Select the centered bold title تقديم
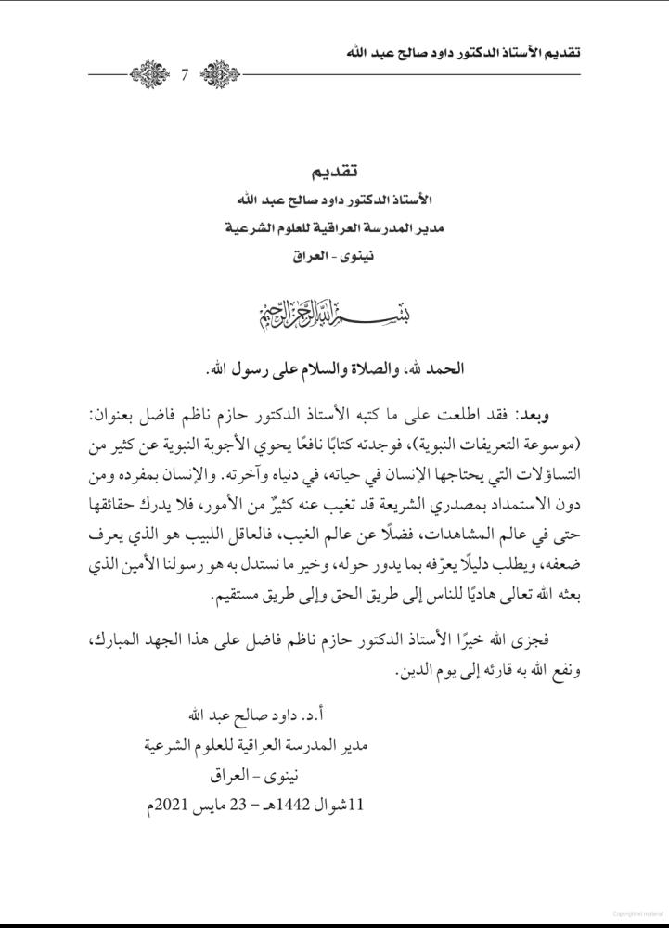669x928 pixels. [x=334, y=173]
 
